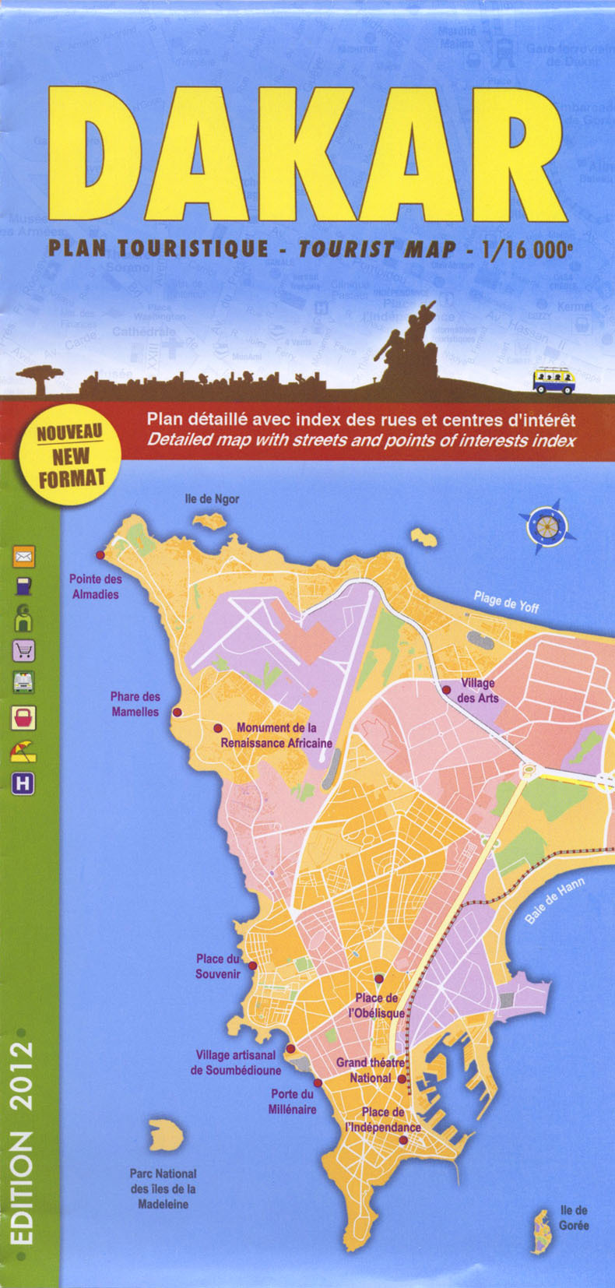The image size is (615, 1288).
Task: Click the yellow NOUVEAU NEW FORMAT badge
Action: [70, 456]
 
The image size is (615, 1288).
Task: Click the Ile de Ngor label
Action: [212, 499]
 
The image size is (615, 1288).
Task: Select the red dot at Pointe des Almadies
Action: [100, 554]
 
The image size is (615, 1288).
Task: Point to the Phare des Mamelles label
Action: [135, 704]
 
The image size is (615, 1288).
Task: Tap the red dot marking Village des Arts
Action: [446, 690]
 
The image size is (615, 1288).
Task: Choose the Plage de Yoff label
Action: [506, 601]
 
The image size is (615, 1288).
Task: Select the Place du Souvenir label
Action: [217, 966]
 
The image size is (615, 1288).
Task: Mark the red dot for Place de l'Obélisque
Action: [379, 979]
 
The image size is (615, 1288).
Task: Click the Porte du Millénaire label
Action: [293, 1101]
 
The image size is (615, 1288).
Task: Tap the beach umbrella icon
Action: [23, 751]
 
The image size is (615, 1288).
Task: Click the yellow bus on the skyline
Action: [553, 381]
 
